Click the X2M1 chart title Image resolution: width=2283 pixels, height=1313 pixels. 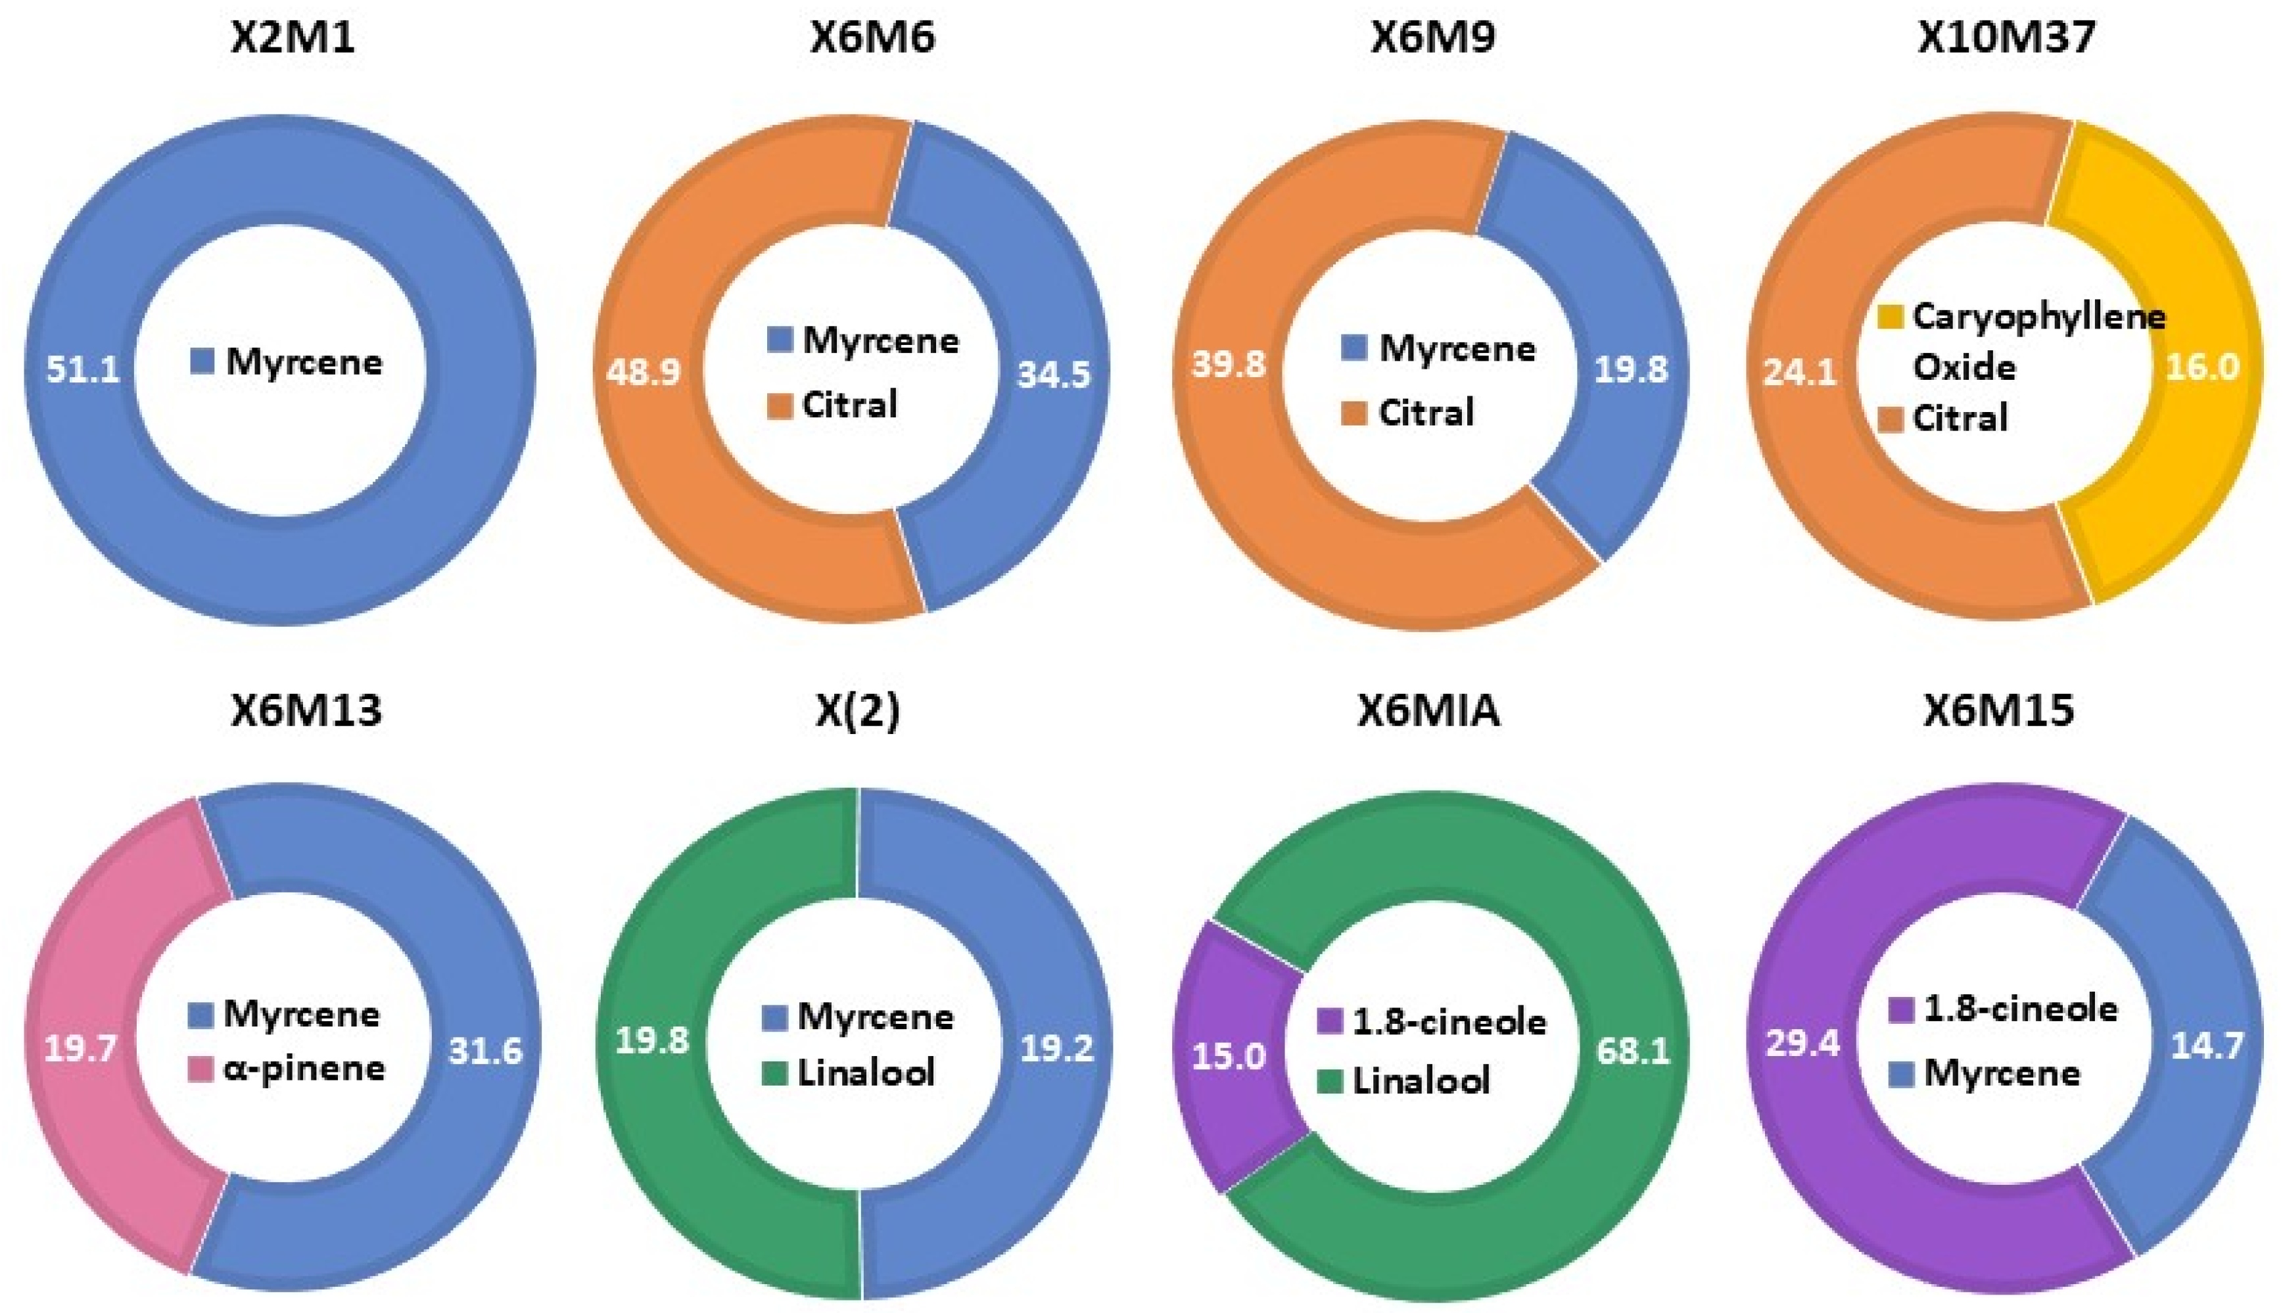293,38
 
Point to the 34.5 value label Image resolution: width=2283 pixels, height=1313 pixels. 1054,373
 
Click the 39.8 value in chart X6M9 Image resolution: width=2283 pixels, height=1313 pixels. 1229,364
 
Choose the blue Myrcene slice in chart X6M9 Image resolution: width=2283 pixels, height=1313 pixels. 1614,298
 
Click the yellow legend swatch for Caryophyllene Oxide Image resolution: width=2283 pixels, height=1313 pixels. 1891,317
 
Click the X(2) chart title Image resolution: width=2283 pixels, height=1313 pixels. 857,710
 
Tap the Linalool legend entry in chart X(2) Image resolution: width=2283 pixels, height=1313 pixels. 866,1073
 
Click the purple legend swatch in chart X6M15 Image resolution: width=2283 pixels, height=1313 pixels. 1900,1009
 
